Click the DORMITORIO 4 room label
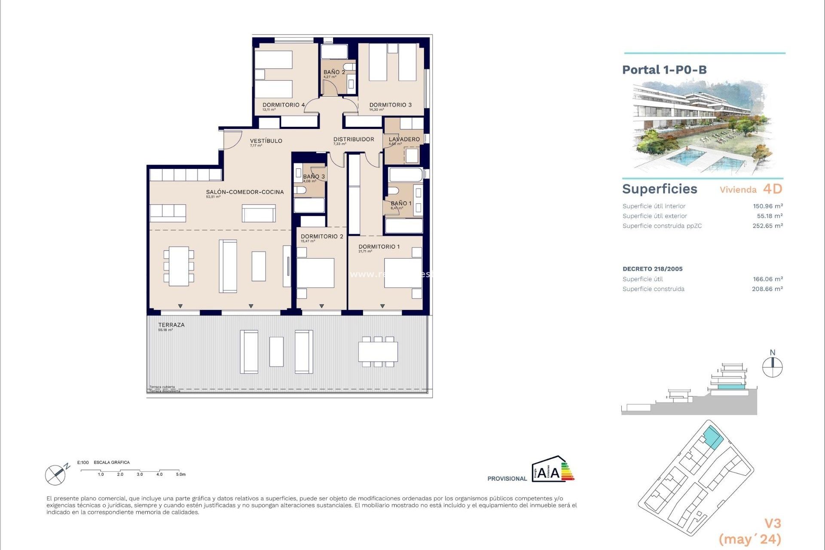284,105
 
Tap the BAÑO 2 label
334,72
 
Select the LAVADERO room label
404,139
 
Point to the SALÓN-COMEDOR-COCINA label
244,192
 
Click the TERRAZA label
171,325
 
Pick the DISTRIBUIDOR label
354,139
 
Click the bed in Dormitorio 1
403,272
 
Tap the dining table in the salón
179,266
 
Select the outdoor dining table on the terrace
378,351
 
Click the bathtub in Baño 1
406,175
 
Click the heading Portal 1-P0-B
664,70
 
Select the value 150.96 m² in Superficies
767,206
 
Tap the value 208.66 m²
767,289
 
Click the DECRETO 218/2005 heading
652,269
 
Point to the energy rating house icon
552,470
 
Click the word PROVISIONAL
507,479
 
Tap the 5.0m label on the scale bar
180,474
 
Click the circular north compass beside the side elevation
772,368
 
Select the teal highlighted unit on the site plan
713,438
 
